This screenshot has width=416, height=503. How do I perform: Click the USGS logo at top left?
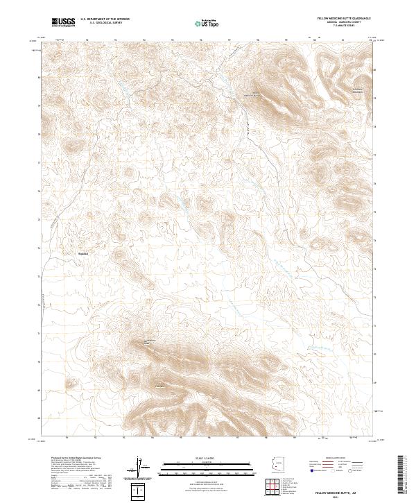click(x=64, y=23)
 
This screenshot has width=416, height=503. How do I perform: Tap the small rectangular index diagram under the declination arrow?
click(x=139, y=491)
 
